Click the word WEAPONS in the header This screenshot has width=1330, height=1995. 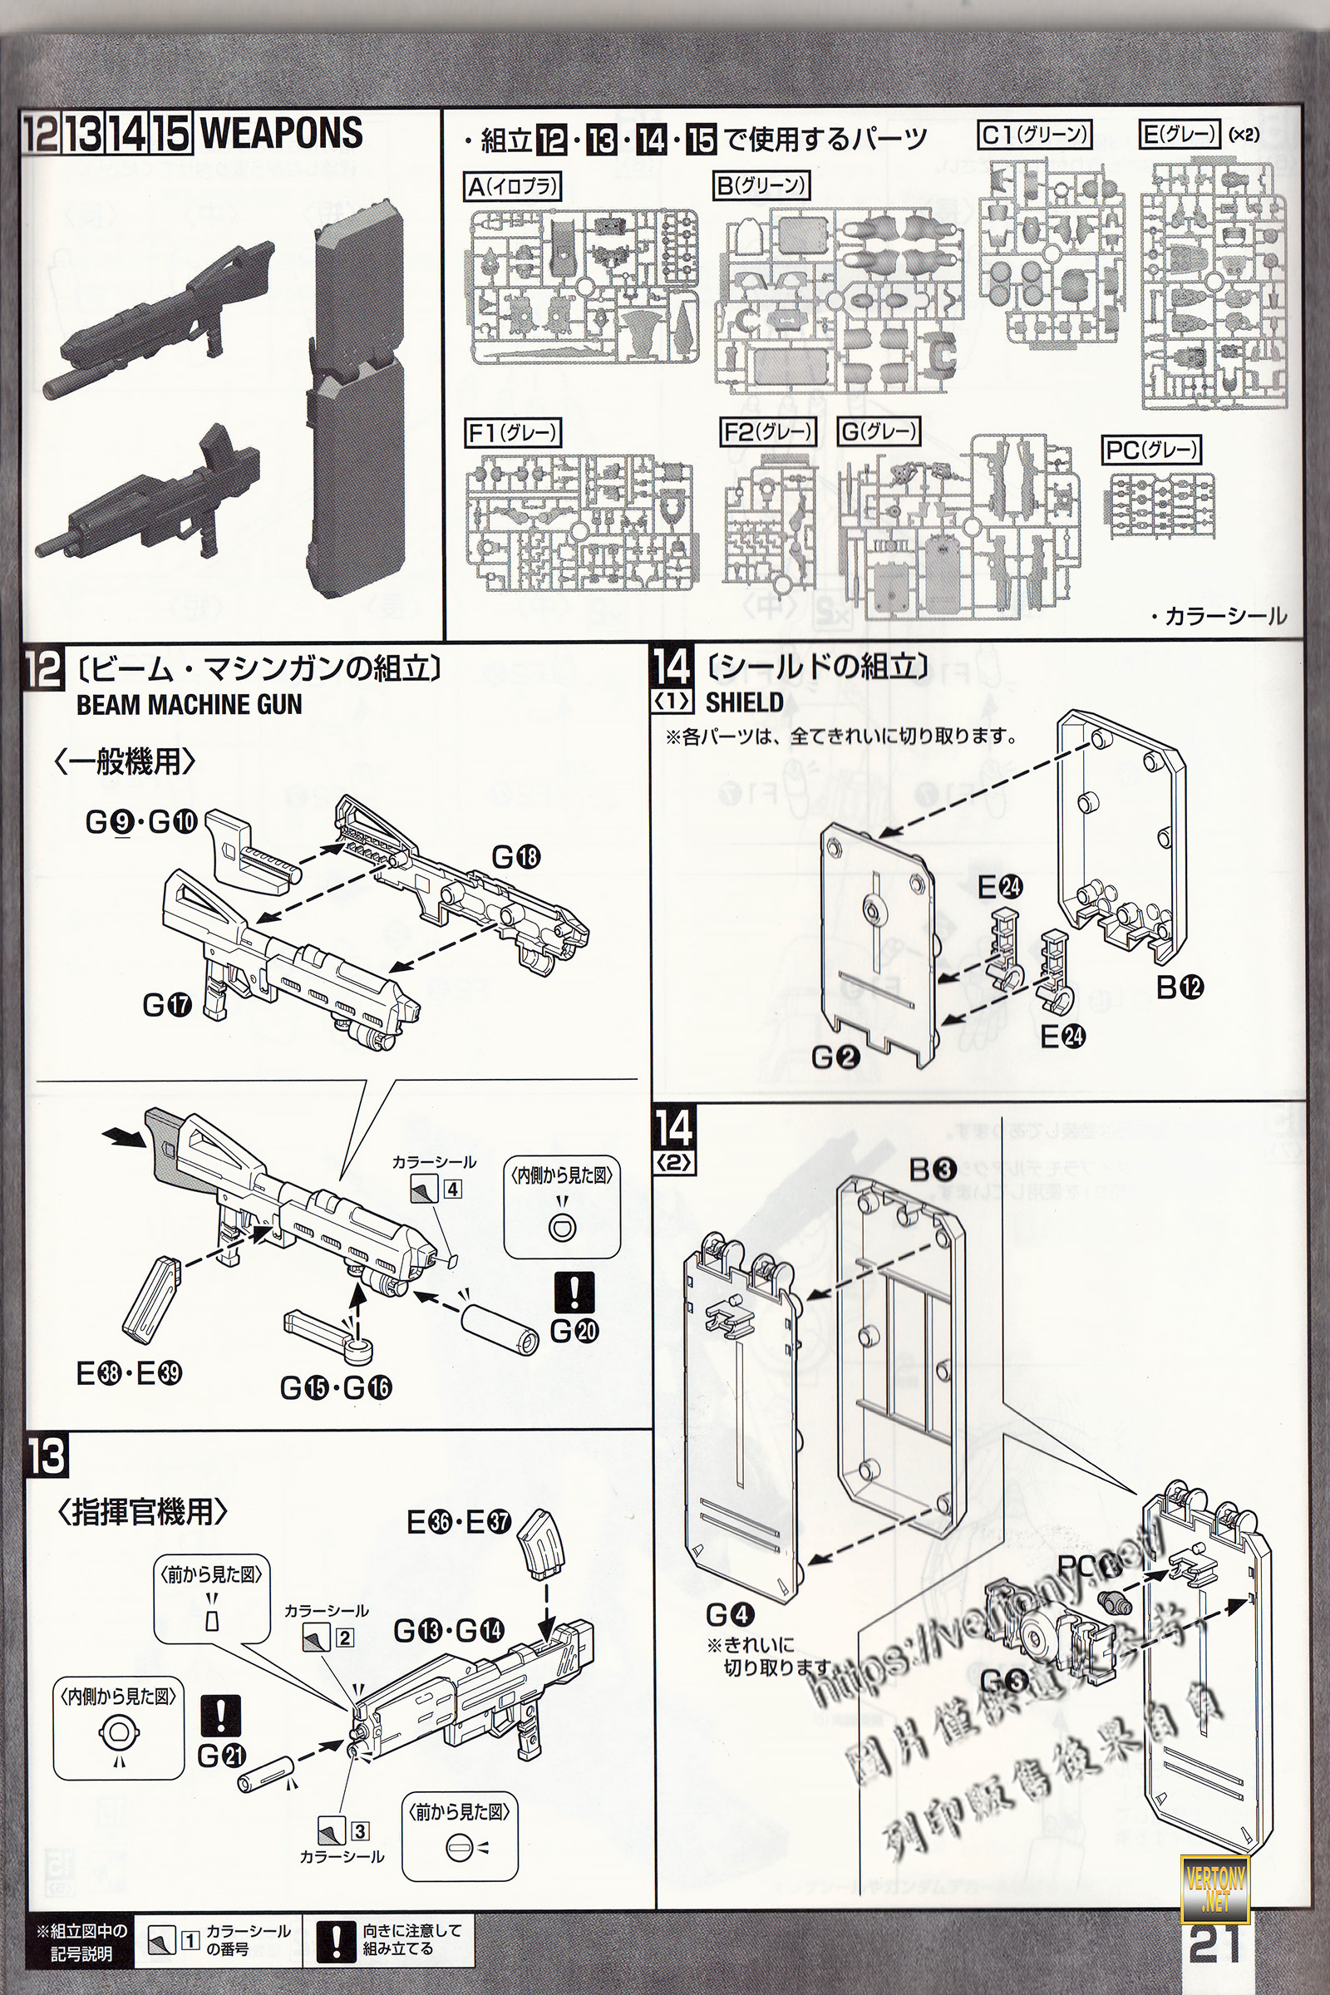(x=283, y=134)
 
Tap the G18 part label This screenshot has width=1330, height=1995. (x=515, y=858)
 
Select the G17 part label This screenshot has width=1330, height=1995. (x=167, y=1005)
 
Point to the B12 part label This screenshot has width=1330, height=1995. (x=1180, y=987)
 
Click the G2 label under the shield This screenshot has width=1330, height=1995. (x=836, y=1057)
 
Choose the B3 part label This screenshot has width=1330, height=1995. (x=933, y=1170)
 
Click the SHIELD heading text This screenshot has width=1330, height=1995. (x=745, y=702)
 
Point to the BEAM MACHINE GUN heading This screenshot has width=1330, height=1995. (x=190, y=705)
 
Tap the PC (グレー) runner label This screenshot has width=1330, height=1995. (x=1152, y=450)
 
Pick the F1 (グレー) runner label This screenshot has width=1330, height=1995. (x=513, y=433)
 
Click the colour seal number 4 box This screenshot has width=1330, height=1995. (x=453, y=1189)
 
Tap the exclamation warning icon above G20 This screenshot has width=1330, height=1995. (x=574, y=1293)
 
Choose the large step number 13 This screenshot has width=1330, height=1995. (x=46, y=1456)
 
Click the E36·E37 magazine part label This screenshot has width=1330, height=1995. (x=459, y=1523)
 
